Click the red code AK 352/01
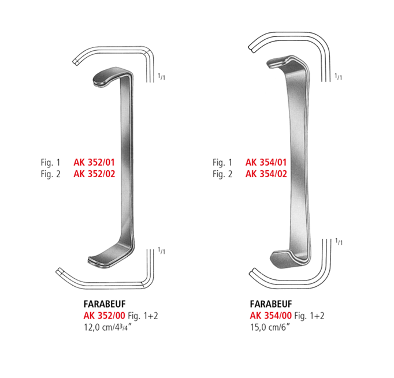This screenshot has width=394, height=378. point(95,163)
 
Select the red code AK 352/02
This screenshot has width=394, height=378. point(95,174)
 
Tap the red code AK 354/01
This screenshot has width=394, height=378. point(266,163)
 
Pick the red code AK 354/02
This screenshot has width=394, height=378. point(266,174)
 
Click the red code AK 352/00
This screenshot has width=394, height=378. point(96,316)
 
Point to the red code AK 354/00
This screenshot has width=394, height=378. point(270,316)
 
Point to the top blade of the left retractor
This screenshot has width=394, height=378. point(110,78)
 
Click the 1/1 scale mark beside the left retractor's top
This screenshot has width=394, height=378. point(162,77)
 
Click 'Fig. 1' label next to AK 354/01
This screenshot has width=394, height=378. point(222,163)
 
